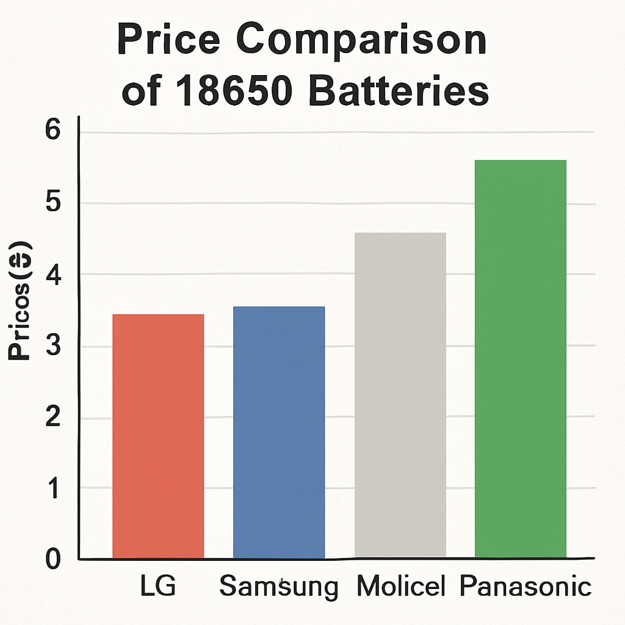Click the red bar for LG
click(158, 436)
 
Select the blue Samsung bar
click(279, 432)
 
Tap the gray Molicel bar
click(400, 395)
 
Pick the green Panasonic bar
click(521, 359)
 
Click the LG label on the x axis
click(157, 587)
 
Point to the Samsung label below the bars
click(278, 587)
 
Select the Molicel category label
click(400, 587)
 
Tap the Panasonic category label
click(526, 587)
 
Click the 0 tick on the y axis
click(53, 559)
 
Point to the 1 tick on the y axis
click(53, 488)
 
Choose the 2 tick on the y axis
click(53, 418)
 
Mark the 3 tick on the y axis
click(53, 347)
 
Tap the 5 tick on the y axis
click(53, 204)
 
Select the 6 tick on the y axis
click(53, 132)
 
